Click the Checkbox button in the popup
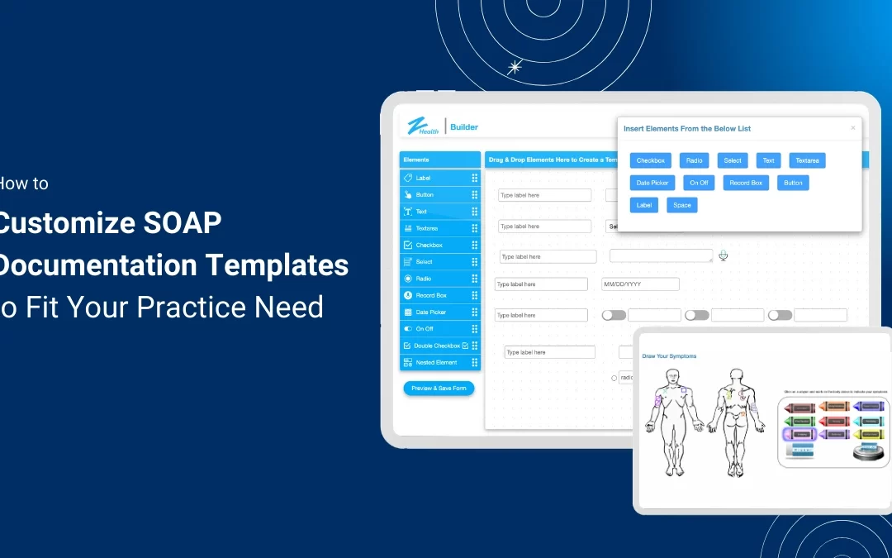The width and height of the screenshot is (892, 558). (650, 160)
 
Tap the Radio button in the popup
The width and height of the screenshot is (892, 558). (694, 160)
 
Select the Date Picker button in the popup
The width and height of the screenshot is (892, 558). (652, 183)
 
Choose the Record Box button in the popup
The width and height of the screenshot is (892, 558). (746, 183)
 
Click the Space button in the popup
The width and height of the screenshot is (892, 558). (681, 205)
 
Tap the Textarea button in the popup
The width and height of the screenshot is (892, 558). (807, 160)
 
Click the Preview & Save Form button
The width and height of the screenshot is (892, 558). (439, 388)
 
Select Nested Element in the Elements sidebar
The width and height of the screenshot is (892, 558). (436, 362)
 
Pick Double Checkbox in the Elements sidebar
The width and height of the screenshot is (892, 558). (437, 346)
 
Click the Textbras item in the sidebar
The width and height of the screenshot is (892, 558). (427, 228)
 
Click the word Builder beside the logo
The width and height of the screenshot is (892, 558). (464, 127)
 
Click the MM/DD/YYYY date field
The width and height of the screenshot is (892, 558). (640, 284)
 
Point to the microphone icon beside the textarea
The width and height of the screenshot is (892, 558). (724, 255)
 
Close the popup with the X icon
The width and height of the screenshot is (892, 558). (853, 128)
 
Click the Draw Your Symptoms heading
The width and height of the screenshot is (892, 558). (669, 356)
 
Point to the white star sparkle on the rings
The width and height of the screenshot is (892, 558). (515, 68)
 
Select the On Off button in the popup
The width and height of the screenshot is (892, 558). (699, 183)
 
